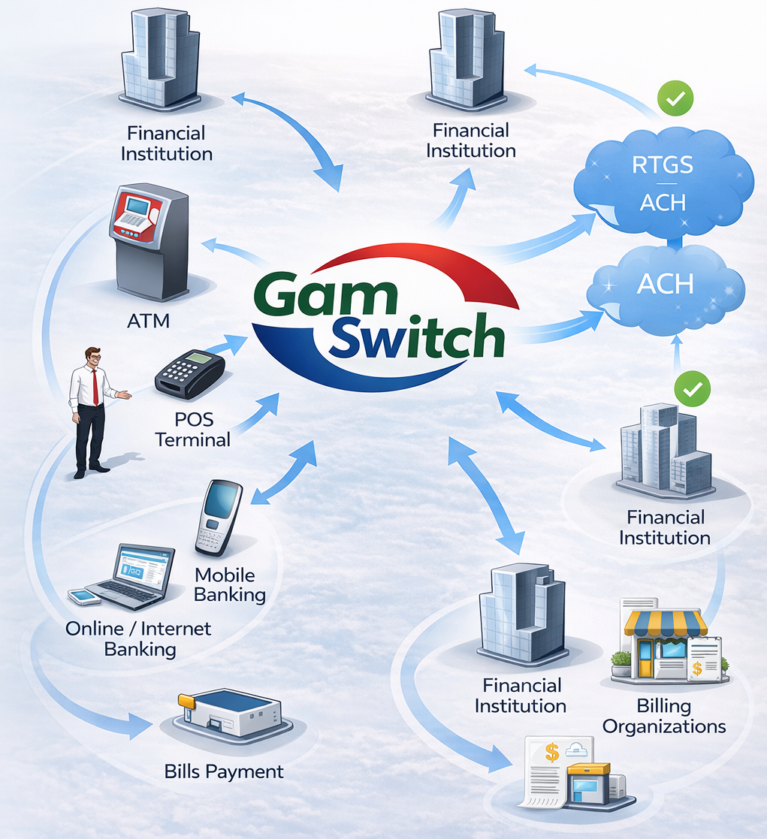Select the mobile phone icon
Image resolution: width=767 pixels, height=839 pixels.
(x=219, y=518)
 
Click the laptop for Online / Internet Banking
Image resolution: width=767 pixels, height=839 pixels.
(x=128, y=577)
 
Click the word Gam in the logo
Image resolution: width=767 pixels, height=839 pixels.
(x=325, y=295)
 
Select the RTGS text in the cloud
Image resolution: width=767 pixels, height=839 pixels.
(x=662, y=164)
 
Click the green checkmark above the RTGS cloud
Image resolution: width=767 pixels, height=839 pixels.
(x=675, y=98)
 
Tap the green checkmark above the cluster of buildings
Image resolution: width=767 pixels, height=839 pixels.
(x=693, y=388)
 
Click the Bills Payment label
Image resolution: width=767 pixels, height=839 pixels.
(x=224, y=772)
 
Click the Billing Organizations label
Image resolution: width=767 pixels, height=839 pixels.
(x=663, y=716)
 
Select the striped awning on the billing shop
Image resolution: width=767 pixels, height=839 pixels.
(x=666, y=623)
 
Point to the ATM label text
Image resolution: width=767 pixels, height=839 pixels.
(x=148, y=321)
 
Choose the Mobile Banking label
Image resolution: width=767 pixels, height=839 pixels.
(x=230, y=585)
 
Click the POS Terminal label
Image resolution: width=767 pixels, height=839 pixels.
(x=192, y=430)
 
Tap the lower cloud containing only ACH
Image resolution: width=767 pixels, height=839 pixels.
(x=666, y=289)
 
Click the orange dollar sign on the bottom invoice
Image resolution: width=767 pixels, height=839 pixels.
(x=552, y=753)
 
